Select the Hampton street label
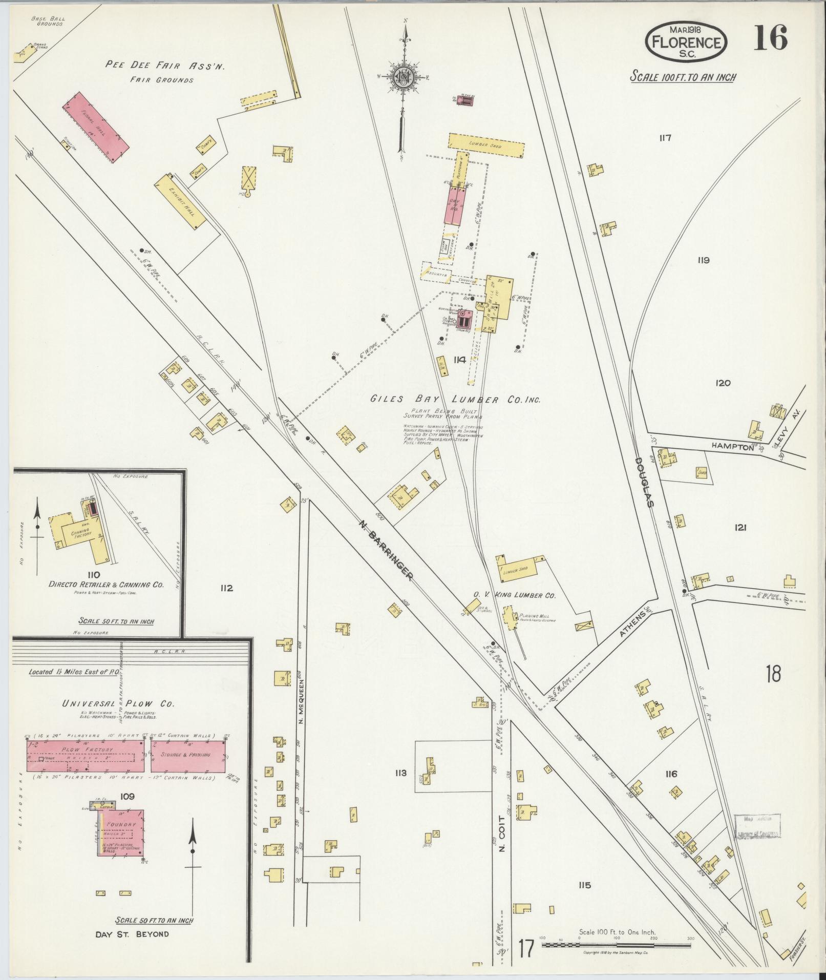point(732,447)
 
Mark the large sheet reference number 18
point(773,674)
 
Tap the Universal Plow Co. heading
point(118,703)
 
